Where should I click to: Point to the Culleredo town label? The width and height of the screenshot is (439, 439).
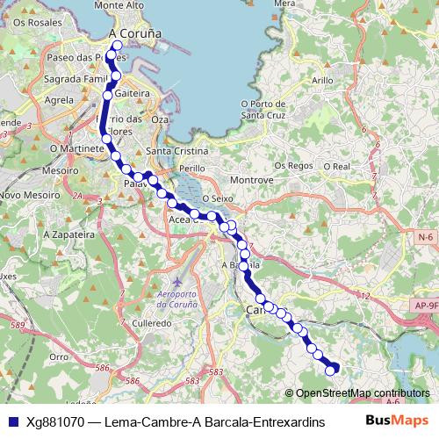click(152, 323)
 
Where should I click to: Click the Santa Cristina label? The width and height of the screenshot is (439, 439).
click(172, 151)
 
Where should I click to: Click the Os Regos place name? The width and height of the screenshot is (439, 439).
click(293, 165)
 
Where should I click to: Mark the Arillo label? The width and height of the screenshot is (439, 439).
click(322, 80)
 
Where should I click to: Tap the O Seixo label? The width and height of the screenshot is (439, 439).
click(216, 199)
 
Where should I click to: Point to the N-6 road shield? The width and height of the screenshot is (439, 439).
click(427, 238)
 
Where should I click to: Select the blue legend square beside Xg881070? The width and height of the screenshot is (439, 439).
click(11, 421)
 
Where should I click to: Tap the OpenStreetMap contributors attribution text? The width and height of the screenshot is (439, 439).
click(362, 394)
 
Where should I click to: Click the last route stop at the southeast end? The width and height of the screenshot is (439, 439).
click(331, 371)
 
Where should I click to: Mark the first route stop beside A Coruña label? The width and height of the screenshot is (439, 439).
click(117, 46)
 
